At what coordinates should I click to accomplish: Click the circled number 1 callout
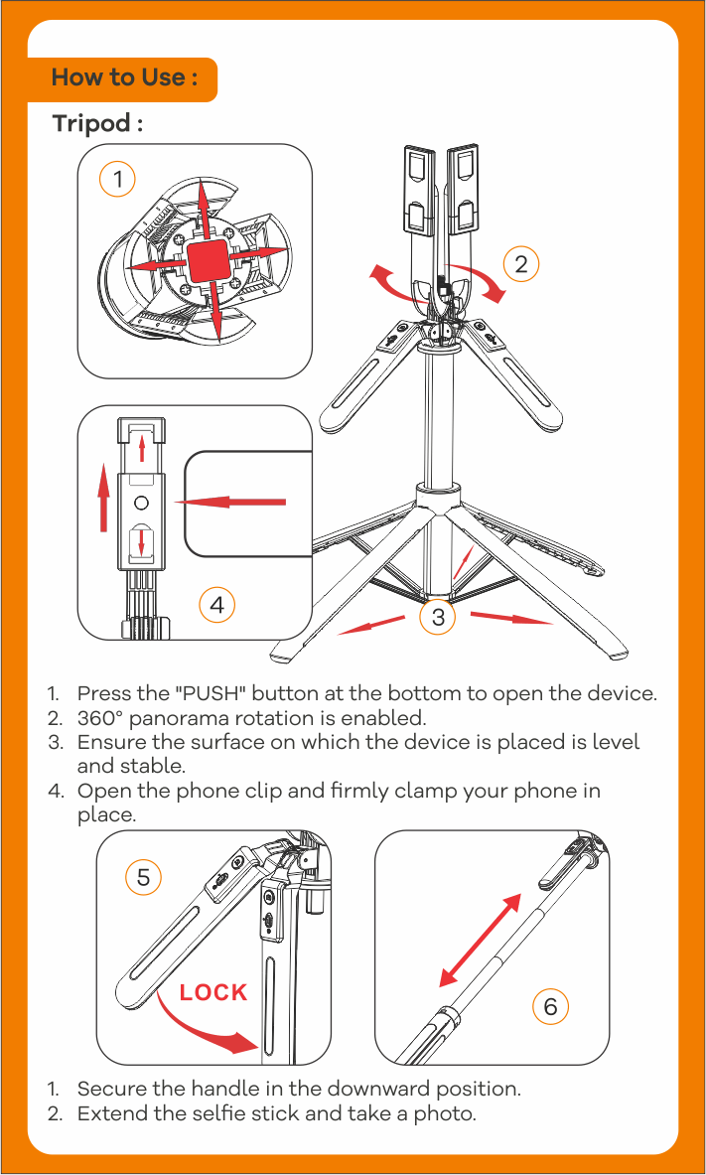click(x=117, y=180)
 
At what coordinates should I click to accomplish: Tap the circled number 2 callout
click(x=520, y=263)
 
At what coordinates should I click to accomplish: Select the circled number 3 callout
click(x=437, y=618)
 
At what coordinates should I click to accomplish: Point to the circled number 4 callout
click(x=216, y=603)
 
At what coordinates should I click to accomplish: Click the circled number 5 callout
click(x=144, y=877)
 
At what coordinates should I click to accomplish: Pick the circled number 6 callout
click(x=550, y=1006)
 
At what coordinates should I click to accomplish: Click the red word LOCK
click(x=213, y=992)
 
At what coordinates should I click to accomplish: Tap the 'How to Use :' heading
click(x=123, y=77)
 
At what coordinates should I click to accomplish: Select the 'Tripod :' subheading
click(x=97, y=124)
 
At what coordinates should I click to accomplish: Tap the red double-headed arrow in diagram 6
click(x=480, y=940)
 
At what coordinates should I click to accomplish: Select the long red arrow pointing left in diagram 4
click(x=231, y=502)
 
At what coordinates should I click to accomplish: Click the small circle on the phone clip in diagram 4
click(x=142, y=502)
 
